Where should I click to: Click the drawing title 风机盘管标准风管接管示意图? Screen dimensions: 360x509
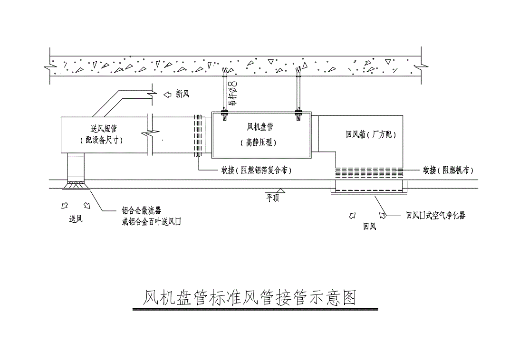point(250,298)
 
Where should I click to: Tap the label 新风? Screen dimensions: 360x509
point(182,95)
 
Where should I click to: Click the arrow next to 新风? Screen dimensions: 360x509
point(167,95)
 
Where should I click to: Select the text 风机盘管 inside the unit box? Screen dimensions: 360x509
point(259,127)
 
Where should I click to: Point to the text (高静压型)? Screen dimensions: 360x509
point(259,142)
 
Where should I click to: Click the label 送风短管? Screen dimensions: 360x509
point(104,128)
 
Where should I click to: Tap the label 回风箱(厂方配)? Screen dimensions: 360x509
point(371,135)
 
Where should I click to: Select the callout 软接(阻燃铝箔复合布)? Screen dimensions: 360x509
point(256,170)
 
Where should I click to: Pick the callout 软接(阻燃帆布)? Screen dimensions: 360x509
point(448,170)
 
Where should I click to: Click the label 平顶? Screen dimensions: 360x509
point(272,198)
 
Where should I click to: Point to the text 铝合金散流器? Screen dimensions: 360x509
point(141,211)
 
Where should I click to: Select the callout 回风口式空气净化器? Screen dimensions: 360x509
point(435,216)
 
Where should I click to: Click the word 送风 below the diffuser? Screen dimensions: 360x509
point(76,219)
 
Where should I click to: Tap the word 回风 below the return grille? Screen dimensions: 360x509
point(369,227)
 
